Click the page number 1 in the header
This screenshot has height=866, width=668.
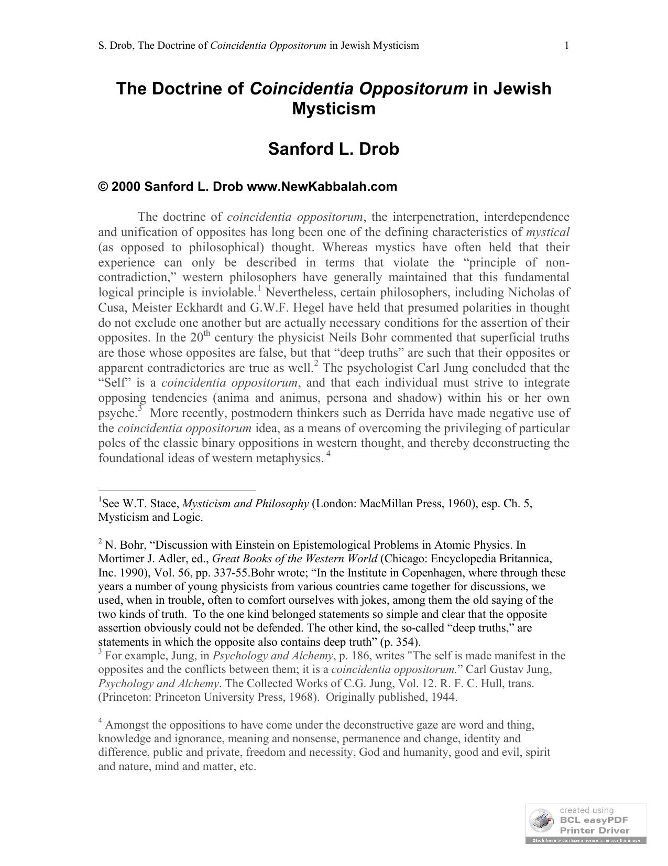[x=566, y=46]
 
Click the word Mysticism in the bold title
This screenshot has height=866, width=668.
[x=334, y=109]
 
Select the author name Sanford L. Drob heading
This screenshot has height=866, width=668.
[x=334, y=149]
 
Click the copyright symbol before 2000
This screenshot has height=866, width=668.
[x=103, y=187]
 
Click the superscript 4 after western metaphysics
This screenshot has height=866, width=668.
[x=328, y=454]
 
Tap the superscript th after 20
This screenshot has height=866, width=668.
[x=207, y=334]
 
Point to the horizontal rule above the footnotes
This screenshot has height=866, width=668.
[x=177, y=490]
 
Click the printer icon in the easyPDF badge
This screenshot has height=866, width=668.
[x=541, y=822]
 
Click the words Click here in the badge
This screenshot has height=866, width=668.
[x=544, y=840]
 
